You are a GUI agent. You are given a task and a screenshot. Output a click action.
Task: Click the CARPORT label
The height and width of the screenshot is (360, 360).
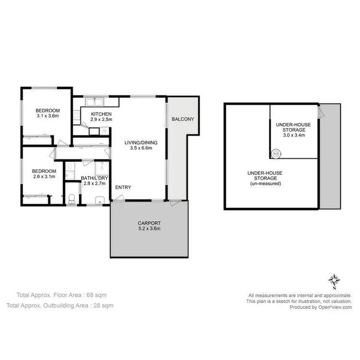click(x=149, y=223)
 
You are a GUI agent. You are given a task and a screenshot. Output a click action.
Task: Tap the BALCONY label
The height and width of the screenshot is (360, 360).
click(x=182, y=119)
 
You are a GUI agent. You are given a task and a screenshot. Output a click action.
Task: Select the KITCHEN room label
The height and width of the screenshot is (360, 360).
click(x=101, y=114)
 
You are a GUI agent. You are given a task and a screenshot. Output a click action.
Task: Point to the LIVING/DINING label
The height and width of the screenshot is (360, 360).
click(x=141, y=143)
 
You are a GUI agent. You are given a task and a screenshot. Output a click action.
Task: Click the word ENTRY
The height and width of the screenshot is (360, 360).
click(x=123, y=187)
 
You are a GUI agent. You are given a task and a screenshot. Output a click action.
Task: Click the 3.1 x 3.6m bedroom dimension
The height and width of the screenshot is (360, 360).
click(x=48, y=116)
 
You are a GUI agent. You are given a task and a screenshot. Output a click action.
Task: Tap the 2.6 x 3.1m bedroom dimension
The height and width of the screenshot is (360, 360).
click(x=44, y=177)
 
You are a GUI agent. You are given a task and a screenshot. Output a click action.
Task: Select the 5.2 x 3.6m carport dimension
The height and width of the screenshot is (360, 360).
click(x=149, y=228)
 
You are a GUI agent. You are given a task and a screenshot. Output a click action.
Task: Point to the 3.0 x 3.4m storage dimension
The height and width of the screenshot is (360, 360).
click(x=293, y=135)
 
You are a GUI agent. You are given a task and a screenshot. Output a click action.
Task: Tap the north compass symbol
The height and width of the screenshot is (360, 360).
click(x=335, y=280)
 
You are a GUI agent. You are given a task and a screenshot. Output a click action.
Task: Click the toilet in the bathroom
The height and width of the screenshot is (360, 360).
click(x=71, y=198)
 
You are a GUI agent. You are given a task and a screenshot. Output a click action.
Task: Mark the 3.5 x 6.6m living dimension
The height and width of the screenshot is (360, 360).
click(x=141, y=148)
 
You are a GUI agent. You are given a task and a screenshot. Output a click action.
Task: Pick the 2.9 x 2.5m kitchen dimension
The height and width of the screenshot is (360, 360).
click(x=101, y=120)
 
